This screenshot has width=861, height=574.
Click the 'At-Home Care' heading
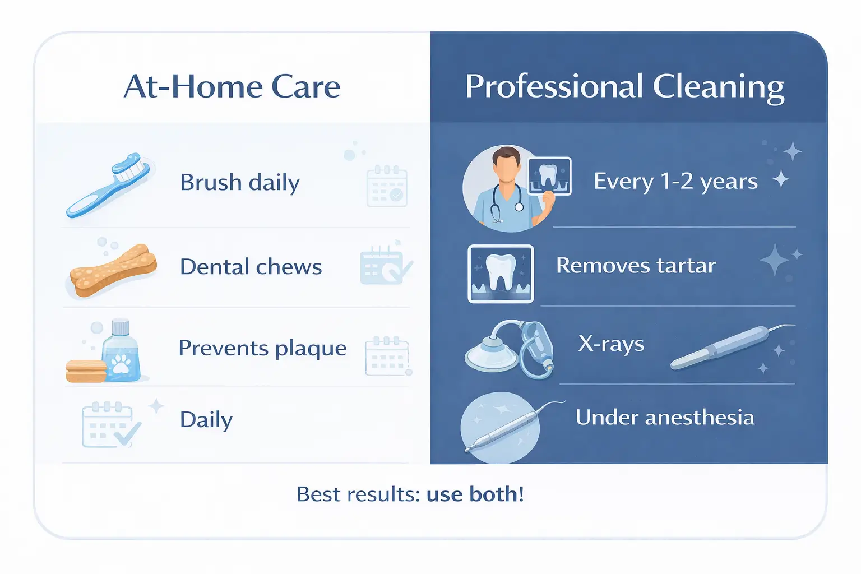pyautogui.click(x=232, y=87)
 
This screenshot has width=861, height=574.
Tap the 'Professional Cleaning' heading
pyautogui.click(x=624, y=87)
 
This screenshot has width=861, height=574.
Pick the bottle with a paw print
pyautogui.click(x=121, y=352)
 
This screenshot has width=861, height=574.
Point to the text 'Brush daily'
pyautogui.click(x=240, y=183)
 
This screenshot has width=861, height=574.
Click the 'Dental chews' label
pyautogui.click(x=251, y=267)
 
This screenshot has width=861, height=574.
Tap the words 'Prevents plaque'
pyautogui.click(x=262, y=348)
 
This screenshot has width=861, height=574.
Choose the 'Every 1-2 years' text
pyautogui.click(x=675, y=182)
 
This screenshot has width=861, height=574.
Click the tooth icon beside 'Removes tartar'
pyautogui.click(x=501, y=274)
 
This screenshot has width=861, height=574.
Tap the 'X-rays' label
pyautogui.click(x=611, y=344)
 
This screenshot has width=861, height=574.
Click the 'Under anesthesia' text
pyautogui.click(x=665, y=418)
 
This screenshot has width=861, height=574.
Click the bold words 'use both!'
pyautogui.click(x=475, y=494)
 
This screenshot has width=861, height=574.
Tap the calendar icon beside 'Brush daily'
pyautogui.click(x=387, y=186)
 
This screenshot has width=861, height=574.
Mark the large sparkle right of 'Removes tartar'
pyautogui.click(x=775, y=260)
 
